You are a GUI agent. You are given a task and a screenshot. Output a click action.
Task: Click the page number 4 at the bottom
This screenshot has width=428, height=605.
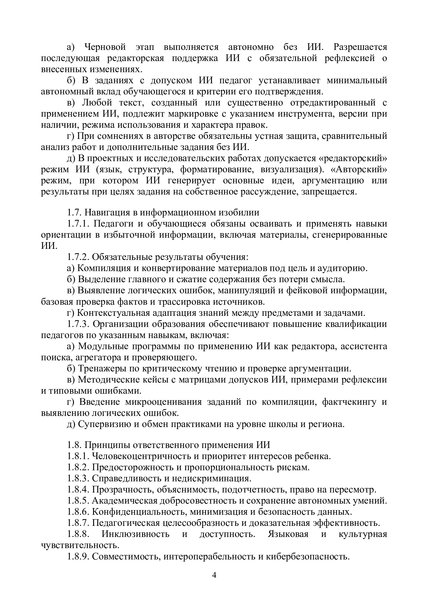tap(214, 575)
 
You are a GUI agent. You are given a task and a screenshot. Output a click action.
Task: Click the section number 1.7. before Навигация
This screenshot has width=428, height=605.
tap(74, 213)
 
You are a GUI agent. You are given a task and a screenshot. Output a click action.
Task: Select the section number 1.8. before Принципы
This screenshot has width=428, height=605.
tap(74, 445)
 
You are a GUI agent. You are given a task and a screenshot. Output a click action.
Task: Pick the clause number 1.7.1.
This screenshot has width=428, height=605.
tap(79, 224)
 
